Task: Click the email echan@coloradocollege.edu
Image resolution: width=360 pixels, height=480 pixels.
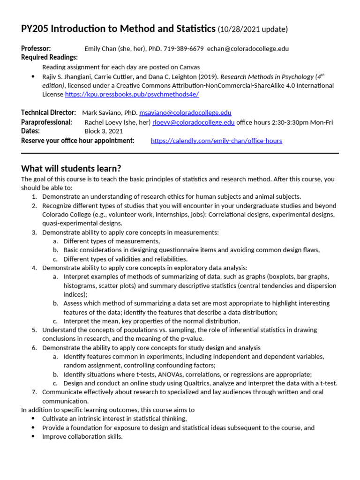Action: pyautogui.click(x=248, y=49)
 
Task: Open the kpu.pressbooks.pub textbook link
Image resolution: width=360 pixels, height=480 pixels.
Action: pyautogui.click(x=132, y=94)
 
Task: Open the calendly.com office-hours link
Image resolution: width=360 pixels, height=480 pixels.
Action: pyautogui.click(x=216, y=141)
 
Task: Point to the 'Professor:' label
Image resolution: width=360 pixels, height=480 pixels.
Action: pyautogui.click(x=36, y=49)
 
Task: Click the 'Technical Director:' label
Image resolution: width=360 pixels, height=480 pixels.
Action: pyautogui.click(x=48, y=113)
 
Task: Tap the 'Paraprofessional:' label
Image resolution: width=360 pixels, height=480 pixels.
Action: pyautogui.click(x=46, y=122)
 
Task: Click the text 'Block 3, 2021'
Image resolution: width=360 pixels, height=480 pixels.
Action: pyautogui.click(x=104, y=131)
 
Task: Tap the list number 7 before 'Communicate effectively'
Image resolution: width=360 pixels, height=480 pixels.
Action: pyautogui.click(x=34, y=392)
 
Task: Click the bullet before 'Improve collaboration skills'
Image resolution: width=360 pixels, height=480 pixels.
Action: pyautogui.click(x=32, y=436)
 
